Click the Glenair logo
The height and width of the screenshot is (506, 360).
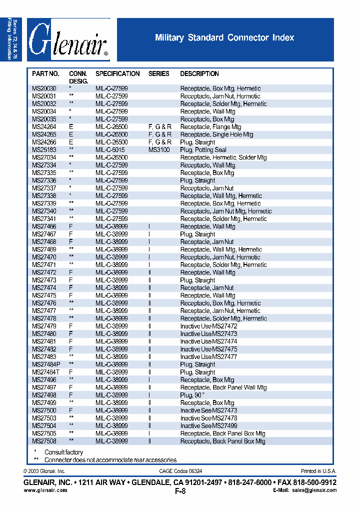[68, 40]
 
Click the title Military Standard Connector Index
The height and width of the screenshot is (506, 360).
[224, 38]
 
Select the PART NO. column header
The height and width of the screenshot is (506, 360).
[45, 73]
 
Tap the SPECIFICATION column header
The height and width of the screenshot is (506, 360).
[117, 73]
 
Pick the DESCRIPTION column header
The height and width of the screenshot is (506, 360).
[199, 73]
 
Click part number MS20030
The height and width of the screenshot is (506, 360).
[44, 88]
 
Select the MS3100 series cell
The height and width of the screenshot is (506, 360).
[159, 150]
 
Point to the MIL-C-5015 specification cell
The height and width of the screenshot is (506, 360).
[111, 150]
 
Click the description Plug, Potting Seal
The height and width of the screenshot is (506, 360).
[203, 150]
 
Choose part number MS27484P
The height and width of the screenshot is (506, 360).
[46, 364]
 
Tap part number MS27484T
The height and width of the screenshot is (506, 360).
[46, 372]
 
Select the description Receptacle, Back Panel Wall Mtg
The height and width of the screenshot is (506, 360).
[223, 387]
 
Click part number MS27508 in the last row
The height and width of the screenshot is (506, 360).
[44, 441]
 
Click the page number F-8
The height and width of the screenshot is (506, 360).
[180, 491]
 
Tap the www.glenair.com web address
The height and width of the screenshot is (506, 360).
[45, 490]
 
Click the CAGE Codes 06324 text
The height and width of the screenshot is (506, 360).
[181, 471]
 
